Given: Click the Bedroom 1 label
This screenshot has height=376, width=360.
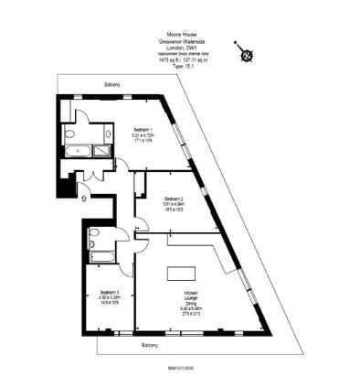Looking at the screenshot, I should click(142, 129).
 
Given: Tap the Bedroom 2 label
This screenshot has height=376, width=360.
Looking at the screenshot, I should click(175, 199).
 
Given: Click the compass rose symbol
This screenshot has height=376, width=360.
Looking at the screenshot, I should click(246, 52).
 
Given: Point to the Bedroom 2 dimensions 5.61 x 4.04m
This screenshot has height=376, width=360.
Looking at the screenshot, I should click(175, 205).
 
